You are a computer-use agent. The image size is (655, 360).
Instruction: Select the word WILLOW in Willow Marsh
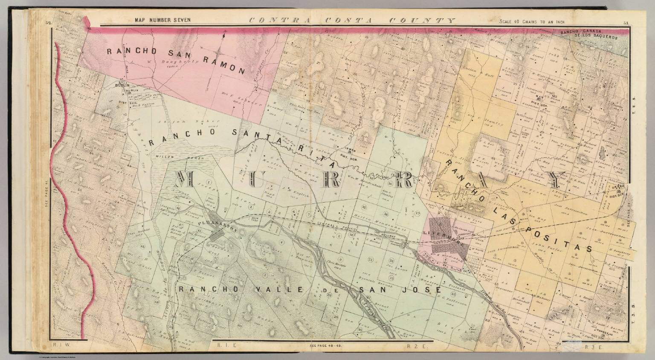164,156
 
